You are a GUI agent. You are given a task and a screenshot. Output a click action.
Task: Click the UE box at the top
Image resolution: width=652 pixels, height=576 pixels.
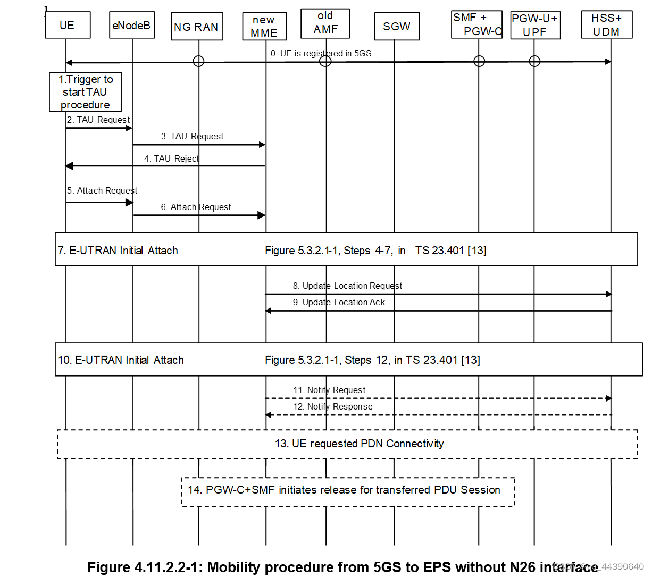(x=68, y=26)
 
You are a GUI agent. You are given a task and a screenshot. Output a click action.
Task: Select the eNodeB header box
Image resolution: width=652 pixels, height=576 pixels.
(x=132, y=26)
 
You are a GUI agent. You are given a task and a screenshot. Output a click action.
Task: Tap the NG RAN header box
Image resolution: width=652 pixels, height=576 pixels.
(x=197, y=27)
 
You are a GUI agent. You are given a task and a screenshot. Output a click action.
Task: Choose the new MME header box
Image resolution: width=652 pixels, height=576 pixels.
(x=264, y=27)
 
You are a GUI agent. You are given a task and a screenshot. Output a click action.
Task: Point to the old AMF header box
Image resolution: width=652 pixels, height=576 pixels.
(x=325, y=23)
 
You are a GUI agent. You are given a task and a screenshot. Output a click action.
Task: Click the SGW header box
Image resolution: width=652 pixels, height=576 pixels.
(x=397, y=27)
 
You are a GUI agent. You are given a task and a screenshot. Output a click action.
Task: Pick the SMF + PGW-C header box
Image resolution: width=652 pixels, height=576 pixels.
(x=477, y=24)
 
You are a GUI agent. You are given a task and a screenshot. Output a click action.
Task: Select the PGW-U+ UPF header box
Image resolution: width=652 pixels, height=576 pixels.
(x=535, y=26)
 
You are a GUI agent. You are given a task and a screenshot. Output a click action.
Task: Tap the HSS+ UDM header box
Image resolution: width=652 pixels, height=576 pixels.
(x=607, y=25)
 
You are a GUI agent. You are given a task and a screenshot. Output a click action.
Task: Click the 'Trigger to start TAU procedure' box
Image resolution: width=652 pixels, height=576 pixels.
(x=85, y=92)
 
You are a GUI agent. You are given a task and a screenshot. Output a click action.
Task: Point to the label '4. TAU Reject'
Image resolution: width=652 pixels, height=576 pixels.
(x=171, y=158)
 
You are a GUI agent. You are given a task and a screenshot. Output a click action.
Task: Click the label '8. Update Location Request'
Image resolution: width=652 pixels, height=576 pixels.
(x=347, y=286)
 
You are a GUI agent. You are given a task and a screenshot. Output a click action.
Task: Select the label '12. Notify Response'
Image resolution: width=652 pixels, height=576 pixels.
(x=333, y=407)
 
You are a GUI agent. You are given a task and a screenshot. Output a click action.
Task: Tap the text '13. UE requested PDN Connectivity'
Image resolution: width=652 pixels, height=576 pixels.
(x=359, y=444)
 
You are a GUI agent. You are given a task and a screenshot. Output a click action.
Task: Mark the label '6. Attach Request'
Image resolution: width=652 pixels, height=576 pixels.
(x=196, y=207)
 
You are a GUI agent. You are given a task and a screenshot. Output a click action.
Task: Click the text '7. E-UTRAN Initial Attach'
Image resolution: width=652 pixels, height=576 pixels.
(x=118, y=251)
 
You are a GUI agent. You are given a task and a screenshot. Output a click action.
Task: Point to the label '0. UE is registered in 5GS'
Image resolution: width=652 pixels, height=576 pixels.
(x=321, y=53)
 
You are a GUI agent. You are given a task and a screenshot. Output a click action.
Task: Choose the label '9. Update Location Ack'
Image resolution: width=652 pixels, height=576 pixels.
(x=339, y=303)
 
